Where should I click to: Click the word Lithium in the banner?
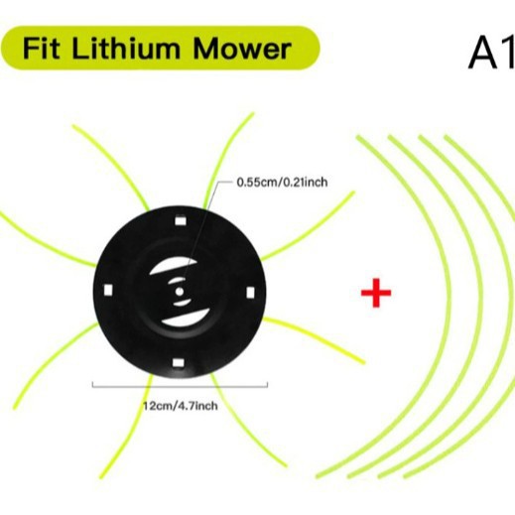pyautogui.click(x=125, y=49)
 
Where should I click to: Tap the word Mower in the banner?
pyautogui.click(x=242, y=49)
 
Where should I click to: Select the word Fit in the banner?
pyautogui.click(x=41, y=49)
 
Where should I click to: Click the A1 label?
pyautogui.click(x=492, y=51)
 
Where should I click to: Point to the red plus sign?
pyautogui.click(x=376, y=293)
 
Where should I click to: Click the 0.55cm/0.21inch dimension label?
pyautogui.click(x=282, y=183)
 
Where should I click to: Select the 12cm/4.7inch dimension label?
pyautogui.click(x=181, y=406)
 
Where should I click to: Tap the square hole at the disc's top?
pyautogui.click(x=180, y=220)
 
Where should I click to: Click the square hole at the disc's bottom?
pyautogui.click(x=178, y=363)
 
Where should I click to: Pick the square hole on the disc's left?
pyautogui.click(x=108, y=290)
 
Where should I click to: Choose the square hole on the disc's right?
pyautogui.click(x=251, y=293)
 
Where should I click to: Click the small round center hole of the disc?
pyautogui.click(x=180, y=292)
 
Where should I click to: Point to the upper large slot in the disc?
pyautogui.click(x=172, y=267)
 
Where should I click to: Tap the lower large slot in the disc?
pyautogui.click(x=187, y=318)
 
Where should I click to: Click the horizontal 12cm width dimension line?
pyautogui.click(x=180, y=386)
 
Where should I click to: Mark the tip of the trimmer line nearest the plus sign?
pyautogui.click(x=364, y=363)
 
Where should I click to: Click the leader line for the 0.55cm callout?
pyautogui.click(x=202, y=231)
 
